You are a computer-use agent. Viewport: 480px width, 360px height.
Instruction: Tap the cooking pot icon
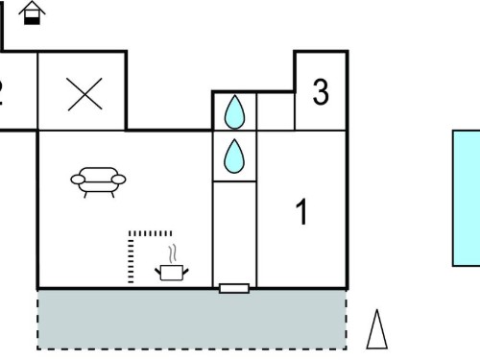[172, 273]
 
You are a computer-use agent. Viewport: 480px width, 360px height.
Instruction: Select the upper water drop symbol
[234, 111]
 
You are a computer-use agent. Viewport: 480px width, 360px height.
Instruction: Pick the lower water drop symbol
[234, 156]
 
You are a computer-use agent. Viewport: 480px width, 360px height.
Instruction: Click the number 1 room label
[301, 211]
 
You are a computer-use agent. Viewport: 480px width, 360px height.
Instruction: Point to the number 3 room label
[321, 92]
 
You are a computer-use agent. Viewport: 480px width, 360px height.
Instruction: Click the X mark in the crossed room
[84, 94]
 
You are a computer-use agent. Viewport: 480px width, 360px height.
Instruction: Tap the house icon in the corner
[32, 12]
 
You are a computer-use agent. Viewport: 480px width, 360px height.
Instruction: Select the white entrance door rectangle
[234, 288]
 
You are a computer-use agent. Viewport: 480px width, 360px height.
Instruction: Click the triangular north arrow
[377, 329]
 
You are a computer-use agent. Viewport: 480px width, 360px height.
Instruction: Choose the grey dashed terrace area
[192, 320]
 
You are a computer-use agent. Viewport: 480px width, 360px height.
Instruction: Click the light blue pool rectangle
[467, 198]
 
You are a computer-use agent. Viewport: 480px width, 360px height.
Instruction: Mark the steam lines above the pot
[173, 254]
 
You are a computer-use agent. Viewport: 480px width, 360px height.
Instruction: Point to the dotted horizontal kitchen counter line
[150, 233]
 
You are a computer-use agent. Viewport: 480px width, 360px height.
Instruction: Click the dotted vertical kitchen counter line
[131, 257]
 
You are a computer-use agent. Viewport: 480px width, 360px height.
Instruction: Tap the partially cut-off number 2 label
[1, 93]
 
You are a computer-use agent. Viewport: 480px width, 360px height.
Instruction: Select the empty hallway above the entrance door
[234, 233]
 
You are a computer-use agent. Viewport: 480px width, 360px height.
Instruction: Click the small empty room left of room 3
[276, 111]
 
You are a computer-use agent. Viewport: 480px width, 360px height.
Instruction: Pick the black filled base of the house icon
[32, 20]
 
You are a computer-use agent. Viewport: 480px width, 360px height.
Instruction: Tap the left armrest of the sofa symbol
[78, 180]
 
